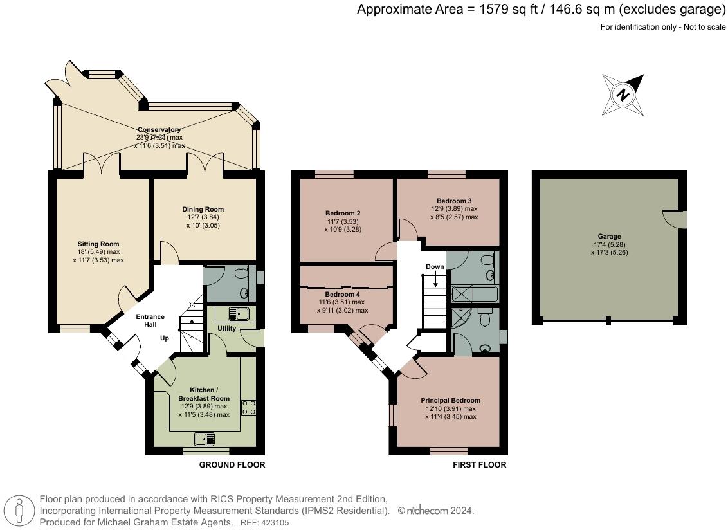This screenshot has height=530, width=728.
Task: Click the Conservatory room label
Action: click(x=159, y=129)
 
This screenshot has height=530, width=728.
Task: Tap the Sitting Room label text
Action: click(x=98, y=244)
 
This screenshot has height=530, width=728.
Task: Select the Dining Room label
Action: click(x=203, y=210)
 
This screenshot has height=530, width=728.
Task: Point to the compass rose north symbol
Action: click(x=623, y=95)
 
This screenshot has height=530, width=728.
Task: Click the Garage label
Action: click(x=609, y=237)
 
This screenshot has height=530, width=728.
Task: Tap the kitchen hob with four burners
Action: click(x=248, y=408)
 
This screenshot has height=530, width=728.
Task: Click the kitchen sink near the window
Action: click(x=205, y=439)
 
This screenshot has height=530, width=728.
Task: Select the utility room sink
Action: click(x=239, y=314)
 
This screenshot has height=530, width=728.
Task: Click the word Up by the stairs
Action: click(x=165, y=338)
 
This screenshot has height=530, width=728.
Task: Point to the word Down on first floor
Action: click(x=435, y=267)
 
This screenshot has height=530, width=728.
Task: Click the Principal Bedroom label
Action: click(x=451, y=401)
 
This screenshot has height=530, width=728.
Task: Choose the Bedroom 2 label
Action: click(x=343, y=213)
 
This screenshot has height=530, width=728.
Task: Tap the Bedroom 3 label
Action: click(x=454, y=201)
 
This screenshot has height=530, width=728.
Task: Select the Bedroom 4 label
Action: click(x=343, y=294)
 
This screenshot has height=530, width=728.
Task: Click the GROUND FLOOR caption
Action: click(x=232, y=465)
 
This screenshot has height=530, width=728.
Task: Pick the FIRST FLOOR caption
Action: click(x=480, y=465)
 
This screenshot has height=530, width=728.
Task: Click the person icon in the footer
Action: click(x=19, y=510)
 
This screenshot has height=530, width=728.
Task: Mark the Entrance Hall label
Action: click(x=150, y=320)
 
